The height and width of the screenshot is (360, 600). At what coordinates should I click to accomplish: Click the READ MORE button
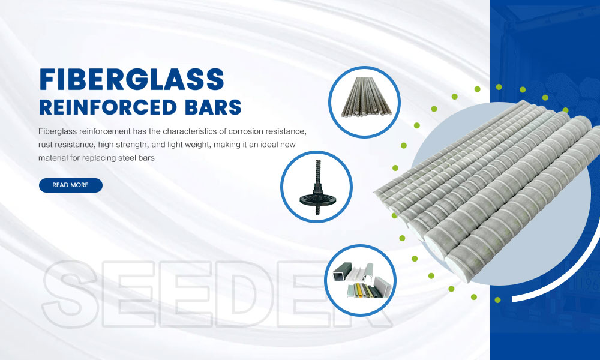(x=70, y=185)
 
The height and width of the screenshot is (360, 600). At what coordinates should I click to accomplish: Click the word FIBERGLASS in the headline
(x=131, y=80)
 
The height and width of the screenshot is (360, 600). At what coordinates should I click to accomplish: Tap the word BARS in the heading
(x=213, y=107)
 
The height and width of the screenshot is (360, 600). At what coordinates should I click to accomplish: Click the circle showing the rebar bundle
(x=364, y=102)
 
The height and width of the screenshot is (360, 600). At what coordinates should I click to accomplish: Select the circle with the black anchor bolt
(x=316, y=187)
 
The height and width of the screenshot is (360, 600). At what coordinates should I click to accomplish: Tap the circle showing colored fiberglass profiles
(x=361, y=280)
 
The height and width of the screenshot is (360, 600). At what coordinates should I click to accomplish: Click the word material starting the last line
(x=53, y=158)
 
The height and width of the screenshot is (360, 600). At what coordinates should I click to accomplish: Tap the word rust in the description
(x=46, y=145)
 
